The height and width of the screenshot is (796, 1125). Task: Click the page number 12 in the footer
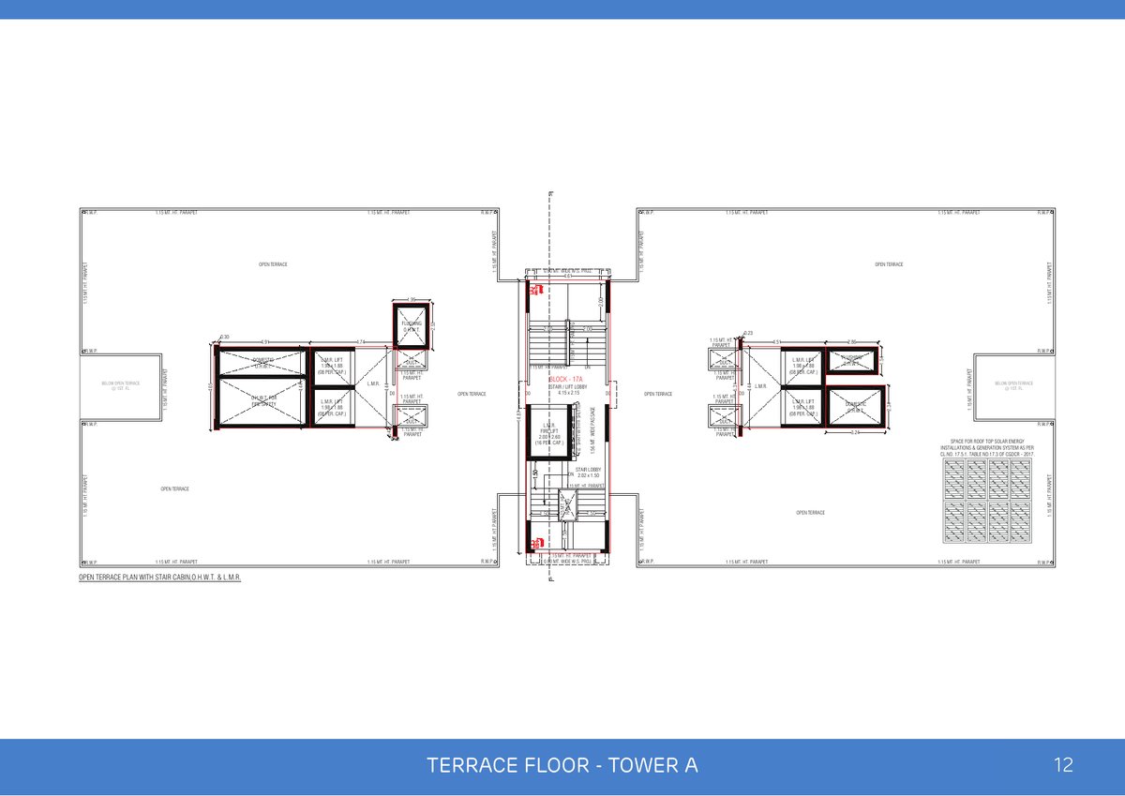(1063, 765)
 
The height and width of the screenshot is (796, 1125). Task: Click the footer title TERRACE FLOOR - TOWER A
(562, 765)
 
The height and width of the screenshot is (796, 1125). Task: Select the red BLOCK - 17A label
(566, 379)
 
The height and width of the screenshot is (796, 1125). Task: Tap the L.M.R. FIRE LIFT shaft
(549, 432)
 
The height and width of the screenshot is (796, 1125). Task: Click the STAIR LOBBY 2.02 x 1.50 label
(588, 473)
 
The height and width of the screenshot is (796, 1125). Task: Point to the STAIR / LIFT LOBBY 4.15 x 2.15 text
(569, 389)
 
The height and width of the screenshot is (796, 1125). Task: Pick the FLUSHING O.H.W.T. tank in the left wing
(411, 325)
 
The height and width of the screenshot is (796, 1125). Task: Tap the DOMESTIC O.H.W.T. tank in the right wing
(855, 407)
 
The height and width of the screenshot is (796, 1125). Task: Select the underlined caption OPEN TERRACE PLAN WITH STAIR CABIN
(160, 578)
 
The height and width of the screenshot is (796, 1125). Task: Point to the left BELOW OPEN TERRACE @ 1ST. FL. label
(120, 385)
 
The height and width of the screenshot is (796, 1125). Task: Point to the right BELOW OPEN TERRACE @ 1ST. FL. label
(1013, 385)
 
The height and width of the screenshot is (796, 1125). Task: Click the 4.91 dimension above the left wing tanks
(264, 342)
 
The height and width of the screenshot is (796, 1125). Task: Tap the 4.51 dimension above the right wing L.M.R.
(778, 342)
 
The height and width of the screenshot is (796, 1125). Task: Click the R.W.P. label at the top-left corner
(92, 213)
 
